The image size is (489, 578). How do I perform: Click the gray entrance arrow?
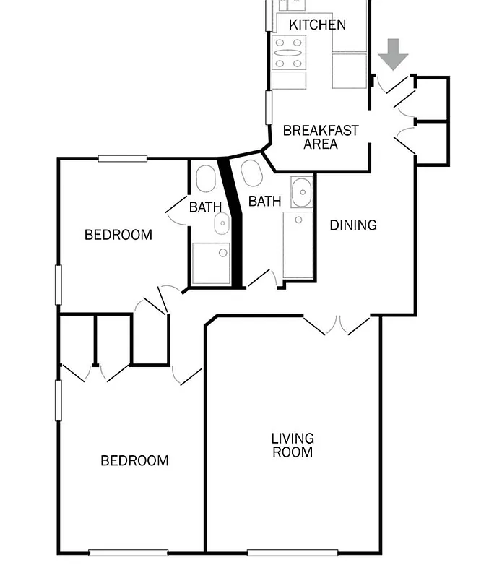click(393, 54)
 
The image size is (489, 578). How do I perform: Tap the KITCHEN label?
click(317, 25)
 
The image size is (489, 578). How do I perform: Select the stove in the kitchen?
click(288, 53)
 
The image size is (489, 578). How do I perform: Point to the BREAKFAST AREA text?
click(321, 137)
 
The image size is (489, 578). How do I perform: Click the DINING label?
click(353, 225)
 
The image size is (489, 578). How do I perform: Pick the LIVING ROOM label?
click(293, 445)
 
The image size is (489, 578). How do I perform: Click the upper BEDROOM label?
click(118, 235)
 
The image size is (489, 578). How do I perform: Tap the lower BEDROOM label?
click(134, 461)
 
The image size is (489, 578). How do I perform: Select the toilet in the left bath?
click(206, 178)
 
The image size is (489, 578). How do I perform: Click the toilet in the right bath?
click(251, 173)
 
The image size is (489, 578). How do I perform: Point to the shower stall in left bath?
click(210, 263)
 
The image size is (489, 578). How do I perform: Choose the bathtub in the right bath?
click(298, 245)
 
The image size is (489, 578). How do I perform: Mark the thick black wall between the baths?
click(232, 224)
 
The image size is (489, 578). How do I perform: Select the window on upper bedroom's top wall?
click(123, 158)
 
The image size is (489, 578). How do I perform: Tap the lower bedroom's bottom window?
click(128, 553)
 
